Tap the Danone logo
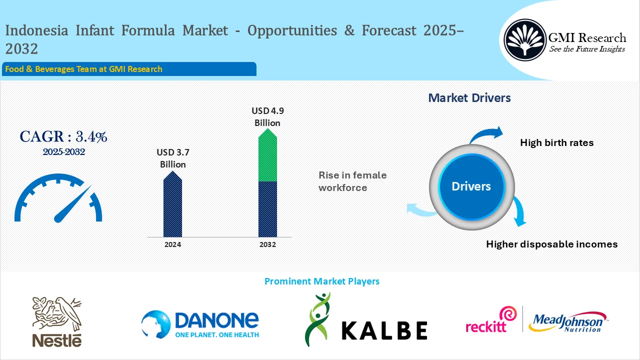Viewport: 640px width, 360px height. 200,323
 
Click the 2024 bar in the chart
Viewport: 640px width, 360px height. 172,205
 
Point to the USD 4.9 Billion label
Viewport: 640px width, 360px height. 267,116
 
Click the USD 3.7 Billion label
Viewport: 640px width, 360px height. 172,158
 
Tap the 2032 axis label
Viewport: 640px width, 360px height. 267,244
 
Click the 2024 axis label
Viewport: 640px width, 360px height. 172,244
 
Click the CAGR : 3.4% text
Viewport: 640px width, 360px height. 63,136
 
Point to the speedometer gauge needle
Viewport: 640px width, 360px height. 72,205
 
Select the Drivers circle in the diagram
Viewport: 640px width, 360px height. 471,186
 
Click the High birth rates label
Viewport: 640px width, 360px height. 556,142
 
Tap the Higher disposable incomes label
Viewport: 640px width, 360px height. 551,244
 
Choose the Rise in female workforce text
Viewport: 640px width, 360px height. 352,181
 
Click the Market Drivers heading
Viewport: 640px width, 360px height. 469,98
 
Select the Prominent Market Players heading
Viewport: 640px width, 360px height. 321,281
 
